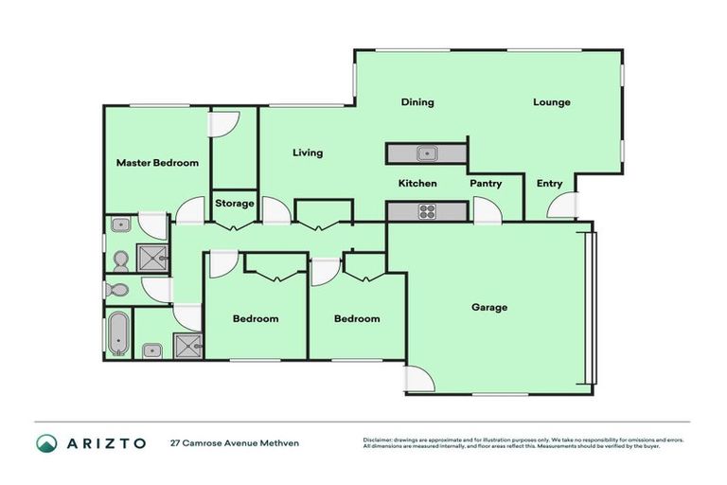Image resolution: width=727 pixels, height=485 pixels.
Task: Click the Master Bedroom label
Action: click(x=157, y=163)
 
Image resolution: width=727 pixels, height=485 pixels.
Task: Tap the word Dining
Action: click(x=417, y=102)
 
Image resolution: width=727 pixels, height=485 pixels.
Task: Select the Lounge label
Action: click(x=551, y=102)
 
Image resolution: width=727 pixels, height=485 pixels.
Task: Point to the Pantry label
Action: click(x=486, y=184)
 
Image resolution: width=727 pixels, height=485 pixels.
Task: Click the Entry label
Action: click(x=549, y=184)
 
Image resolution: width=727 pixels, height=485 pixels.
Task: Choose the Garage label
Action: click(x=489, y=307)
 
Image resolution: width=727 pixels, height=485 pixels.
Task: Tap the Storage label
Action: click(x=234, y=204)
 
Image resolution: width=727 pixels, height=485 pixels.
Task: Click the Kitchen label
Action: click(x=417, y=184)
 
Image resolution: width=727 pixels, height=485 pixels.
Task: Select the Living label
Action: click(x=308, y=153)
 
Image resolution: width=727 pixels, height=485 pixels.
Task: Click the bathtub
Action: click(x=117, y=333)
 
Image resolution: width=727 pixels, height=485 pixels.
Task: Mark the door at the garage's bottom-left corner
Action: click(x=419, y=381)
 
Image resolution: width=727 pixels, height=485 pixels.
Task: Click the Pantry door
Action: click(x=487, y=211)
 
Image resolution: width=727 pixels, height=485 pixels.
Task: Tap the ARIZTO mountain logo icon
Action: click(x=46, y=443)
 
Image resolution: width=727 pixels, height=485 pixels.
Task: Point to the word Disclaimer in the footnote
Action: click(x=381, y=440)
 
